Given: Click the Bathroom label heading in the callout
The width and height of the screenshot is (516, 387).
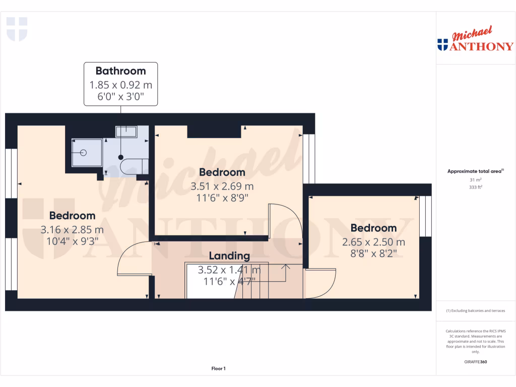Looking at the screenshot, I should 120,71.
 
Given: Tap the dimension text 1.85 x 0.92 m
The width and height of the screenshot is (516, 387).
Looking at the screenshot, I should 120,85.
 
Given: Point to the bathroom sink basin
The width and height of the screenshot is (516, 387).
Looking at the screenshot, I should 125,132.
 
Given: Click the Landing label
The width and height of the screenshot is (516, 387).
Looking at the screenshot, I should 229,256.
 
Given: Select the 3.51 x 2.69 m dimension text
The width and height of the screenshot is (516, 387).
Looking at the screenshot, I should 222,186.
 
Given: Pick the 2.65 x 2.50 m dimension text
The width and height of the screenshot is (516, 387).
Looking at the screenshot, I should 373,242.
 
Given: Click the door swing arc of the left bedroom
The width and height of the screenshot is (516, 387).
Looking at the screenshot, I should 132,259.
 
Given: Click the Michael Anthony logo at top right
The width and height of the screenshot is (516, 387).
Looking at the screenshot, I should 475,40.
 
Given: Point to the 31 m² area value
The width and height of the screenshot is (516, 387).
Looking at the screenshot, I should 475,179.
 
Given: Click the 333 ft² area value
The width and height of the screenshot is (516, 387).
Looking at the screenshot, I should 475,187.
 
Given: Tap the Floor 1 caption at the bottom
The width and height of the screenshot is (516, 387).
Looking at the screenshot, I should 218,369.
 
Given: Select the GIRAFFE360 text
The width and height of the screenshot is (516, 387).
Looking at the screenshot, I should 475,362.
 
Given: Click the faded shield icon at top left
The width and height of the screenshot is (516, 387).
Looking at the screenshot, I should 17,29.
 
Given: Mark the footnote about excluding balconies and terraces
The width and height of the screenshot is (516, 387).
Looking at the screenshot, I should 475,311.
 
